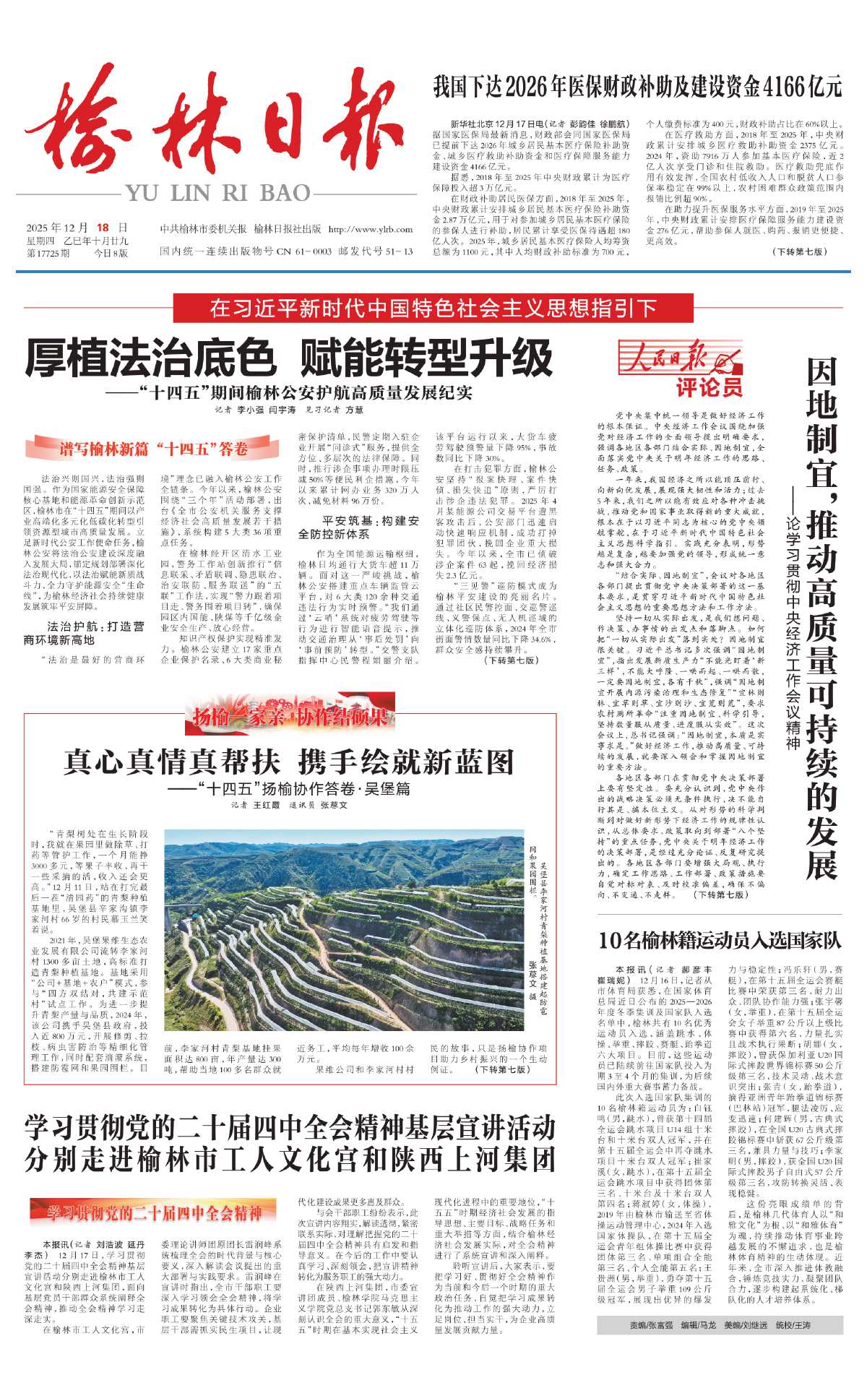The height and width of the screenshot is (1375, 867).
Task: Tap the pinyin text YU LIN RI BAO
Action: point(217,193)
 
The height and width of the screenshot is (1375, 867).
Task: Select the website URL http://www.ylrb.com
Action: point(371,230)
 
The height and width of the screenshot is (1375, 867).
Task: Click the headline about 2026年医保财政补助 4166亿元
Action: point(637,87)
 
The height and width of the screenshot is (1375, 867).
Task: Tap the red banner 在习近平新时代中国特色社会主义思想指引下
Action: point(433,309)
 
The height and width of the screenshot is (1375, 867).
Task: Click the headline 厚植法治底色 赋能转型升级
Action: point(289,358)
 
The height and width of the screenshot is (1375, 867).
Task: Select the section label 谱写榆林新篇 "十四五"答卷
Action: point(153,449)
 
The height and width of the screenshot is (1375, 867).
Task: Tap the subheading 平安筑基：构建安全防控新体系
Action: point(358,527)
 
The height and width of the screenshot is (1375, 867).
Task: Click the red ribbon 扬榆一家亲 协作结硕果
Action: point(290,716)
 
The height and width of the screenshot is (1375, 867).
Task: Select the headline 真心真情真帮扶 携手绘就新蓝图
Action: point(289,762)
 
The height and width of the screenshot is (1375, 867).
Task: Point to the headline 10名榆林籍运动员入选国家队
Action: point(720,940)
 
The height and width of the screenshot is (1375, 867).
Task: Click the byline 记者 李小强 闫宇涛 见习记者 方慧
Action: point(289,410)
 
